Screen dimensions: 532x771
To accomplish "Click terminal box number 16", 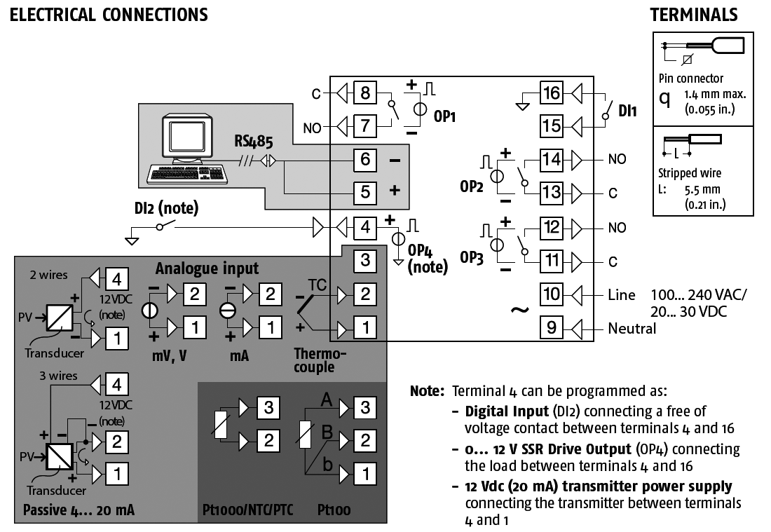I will coord(552,93).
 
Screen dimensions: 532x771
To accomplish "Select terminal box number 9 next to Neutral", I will coord(552,327).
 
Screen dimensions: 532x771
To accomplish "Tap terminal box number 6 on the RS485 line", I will coord(364,159).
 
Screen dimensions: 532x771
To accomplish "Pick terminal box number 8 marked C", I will coord(364,93).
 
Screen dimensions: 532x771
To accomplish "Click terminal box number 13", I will coord(552,193).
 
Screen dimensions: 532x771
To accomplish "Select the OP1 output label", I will coord(444,117).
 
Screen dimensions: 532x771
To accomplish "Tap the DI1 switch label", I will coord(628,111).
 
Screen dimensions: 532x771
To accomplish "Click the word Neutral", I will coord(632,328).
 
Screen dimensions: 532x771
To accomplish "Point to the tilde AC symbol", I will coord(519,309).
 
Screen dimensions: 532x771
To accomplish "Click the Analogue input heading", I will coord(207,268).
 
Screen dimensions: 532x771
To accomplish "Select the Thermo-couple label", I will coord(314,361).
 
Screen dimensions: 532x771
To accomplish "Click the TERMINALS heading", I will coord(693,14).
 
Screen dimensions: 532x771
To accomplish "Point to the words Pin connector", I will coord(691,79).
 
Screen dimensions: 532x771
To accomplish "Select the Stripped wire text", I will coord(690,173).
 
